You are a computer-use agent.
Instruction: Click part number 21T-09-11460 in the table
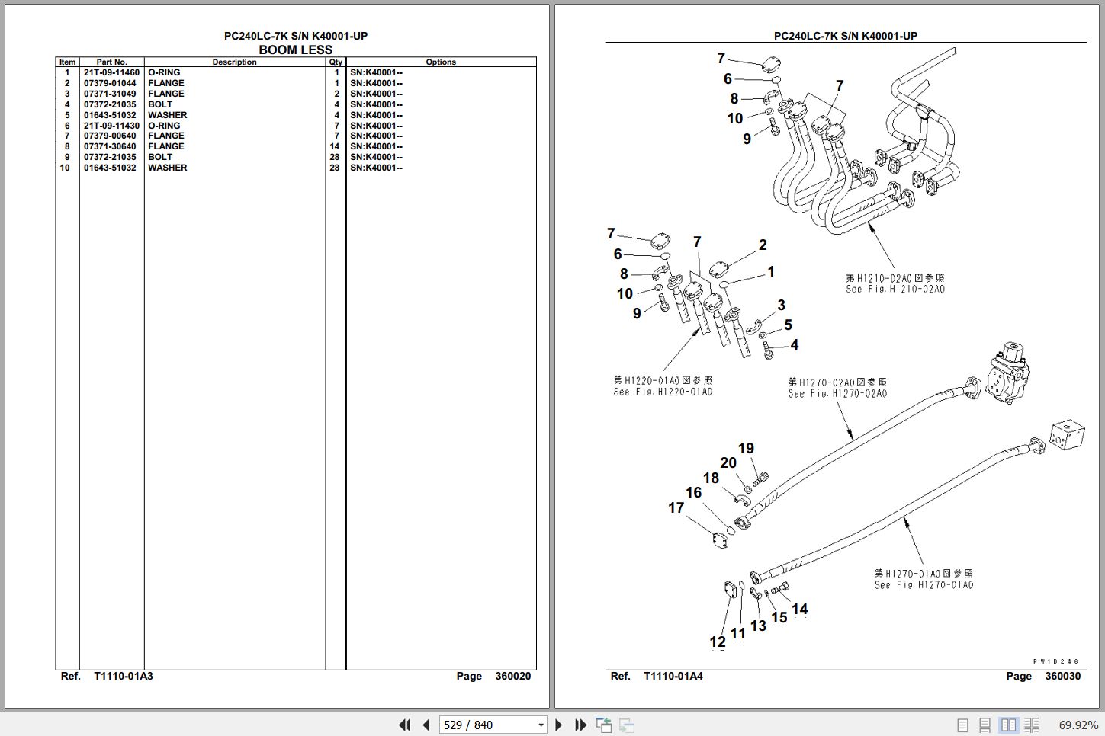[x=111, y=72]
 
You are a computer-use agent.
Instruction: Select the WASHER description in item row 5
[x=167, y=115]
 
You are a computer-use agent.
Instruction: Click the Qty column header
[x=336, y=62]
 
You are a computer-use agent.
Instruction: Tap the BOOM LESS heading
[x=295, y=50]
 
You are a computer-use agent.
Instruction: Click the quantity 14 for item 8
[x=334, y=146]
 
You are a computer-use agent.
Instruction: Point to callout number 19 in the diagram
[x=746, y=449]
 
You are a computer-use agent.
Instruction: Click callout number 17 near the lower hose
[x=676, y=507]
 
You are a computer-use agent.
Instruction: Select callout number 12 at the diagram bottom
[x=718, y=642]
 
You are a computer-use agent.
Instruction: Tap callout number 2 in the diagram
[x=762, y=245]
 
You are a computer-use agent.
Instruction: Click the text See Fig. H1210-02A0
[x=895, y=290]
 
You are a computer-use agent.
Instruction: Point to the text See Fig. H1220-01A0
[x=663, y=392]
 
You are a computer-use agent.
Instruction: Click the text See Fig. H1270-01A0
[x=924, y=584]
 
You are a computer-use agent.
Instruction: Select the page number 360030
[x=1062, y=676]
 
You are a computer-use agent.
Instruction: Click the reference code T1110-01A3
[x=124, y=676]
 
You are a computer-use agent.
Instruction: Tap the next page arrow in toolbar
[x=559, y=725]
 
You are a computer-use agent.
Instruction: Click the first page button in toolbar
[x=404, y=725]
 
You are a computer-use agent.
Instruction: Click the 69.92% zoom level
[x=1078, y=725]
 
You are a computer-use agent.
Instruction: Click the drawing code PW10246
[x=1056, y=661]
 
